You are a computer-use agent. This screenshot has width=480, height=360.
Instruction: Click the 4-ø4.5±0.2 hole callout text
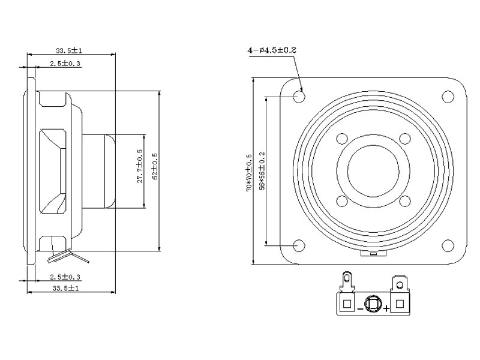point(272,50)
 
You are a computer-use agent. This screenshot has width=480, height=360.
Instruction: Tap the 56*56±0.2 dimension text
point(262,172)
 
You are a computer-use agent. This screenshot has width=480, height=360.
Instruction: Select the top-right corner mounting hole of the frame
point(448,96)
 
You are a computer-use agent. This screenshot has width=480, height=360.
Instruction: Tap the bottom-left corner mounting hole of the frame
point(299,245)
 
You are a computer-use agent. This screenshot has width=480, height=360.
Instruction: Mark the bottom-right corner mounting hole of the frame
point(448,245)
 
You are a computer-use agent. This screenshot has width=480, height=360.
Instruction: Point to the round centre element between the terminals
point(373,303)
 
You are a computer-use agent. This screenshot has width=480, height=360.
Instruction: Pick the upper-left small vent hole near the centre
point(342,139)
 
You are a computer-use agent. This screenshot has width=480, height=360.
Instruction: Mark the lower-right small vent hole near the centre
point(404,202)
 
